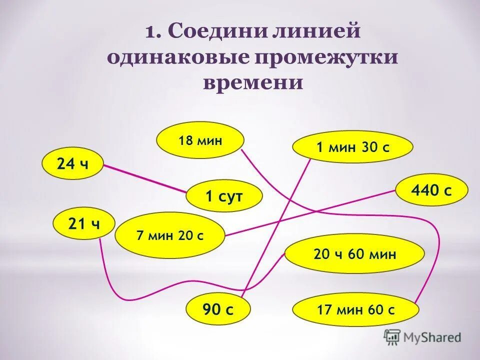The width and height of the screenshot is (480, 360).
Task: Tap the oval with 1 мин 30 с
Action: pyautogui.click(x=352, y=147)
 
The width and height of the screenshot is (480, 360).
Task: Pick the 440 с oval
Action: pyautogui.click(x=431, y=190)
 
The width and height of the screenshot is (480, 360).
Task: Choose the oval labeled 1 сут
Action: pyautogui.click(x=224, y=196)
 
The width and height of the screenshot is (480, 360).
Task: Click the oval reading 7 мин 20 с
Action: pyautogui.click(x=170, y=235)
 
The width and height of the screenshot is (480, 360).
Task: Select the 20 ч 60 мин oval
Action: pyautogui.click(x=354, y=254)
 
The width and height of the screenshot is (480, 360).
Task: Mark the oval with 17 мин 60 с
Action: pyautogui.click(x=355, y=309)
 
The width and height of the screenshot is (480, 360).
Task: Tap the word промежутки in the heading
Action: pyautogui.click(x=327, y=57)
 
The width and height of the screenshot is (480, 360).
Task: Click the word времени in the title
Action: pyautogui.click(x=253, y=82)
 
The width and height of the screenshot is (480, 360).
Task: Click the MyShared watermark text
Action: pyautogui.click(x=433, y=337)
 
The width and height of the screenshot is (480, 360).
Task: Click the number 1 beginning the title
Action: pyautogui.click(x=151, y=32)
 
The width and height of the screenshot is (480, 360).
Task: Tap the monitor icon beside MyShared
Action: pyautogui.click(x=392, y=337)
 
